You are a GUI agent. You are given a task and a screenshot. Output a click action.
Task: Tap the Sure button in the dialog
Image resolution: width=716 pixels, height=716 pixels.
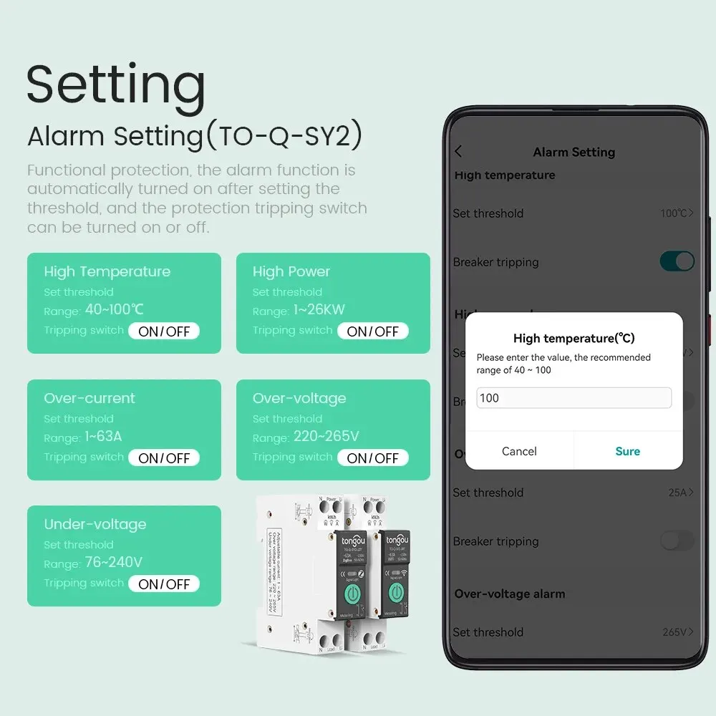(627, 451)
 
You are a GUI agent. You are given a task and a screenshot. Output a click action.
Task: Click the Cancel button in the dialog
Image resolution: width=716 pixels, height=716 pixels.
(519, 451)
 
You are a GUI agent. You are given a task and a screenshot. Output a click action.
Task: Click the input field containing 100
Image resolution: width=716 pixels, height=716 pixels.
(574, 398)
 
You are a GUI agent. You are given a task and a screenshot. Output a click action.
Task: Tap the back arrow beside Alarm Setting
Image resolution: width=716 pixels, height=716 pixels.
(459, 151)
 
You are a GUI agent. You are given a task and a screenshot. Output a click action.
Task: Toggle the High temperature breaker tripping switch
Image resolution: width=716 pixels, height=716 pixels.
(677, 261)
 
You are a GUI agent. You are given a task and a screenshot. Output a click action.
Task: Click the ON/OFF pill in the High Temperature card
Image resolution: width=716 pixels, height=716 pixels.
(164, 331)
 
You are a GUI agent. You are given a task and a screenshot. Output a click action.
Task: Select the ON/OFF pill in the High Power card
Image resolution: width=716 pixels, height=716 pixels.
(372, 331)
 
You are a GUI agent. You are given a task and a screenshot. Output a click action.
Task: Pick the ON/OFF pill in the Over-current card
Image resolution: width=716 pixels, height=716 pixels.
(164, 458)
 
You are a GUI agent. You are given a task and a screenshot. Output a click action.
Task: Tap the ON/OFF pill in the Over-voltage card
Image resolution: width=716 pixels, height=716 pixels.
(372, 458)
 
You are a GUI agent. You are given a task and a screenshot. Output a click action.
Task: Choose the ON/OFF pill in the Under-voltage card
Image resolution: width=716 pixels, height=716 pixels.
(164, 584)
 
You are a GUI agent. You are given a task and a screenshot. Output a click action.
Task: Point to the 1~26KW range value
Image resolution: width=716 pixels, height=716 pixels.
(319, 310)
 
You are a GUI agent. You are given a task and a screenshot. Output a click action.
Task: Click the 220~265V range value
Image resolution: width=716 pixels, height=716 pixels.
(326, 437)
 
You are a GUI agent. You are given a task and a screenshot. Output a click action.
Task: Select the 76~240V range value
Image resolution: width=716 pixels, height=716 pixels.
(113, 563)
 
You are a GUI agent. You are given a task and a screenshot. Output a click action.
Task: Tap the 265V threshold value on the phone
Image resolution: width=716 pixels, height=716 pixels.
(677, 632)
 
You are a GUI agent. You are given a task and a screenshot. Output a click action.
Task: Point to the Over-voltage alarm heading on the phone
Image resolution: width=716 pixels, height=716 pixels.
(510, 594)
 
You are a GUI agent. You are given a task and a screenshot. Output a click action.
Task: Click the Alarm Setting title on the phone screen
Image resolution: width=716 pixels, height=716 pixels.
(574, 152)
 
